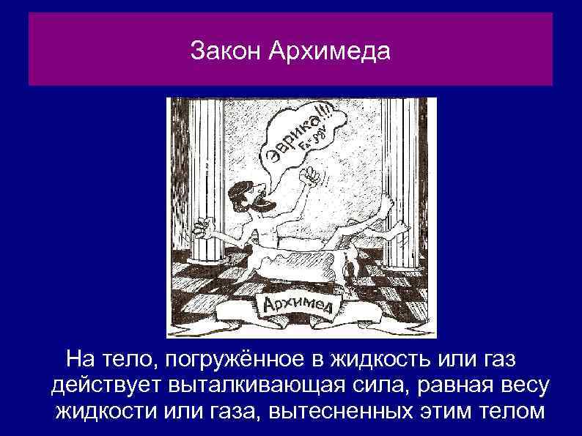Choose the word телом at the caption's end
pyautogui.click(x=507, y=410)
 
